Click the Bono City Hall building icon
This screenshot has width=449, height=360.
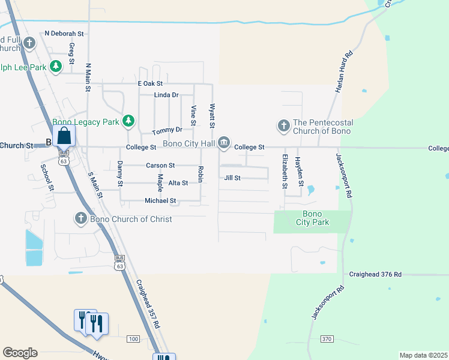pyautogui.click(x=224, y=142)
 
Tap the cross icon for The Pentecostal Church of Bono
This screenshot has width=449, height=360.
pyautogui.click(x=283, y=126)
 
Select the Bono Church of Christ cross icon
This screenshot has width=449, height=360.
pyautogui.click(x=81, y=218)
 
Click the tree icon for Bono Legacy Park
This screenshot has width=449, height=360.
pyautogui.click(x=128, y=121)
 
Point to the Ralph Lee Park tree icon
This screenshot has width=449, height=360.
pyautogui.click(x=56, y=67)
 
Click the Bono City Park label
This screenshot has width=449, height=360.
pyautogui.click(x=312, y=218)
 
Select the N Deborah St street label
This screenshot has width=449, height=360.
pyautogui.click(x=64, y=34)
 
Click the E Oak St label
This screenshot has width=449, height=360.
pyautogui.click(x=150, y=84)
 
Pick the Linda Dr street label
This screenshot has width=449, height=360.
pyautogui.click(x=166, y=95)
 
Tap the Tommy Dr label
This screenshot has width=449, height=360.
pyautogui.click(x=167, y=131)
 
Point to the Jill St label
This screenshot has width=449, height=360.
pyautogui.click(x=232, y=178)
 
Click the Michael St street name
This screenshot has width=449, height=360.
pyautogui.click(x=160, y=201)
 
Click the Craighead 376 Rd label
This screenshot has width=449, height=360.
pyautogui.click(x=375, y=274)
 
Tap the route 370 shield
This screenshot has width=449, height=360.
pyautogui.click(x=327, y=339)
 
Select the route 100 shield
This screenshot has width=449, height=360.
pyautogui.click(x=133, y=340)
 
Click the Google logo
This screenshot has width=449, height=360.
pyautogui.click(x=20, y=353)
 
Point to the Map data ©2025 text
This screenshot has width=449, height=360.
pyautogui.click(x=423, y=355)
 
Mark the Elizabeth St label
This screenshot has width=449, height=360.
pyautogui.click(x=285, y=171)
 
